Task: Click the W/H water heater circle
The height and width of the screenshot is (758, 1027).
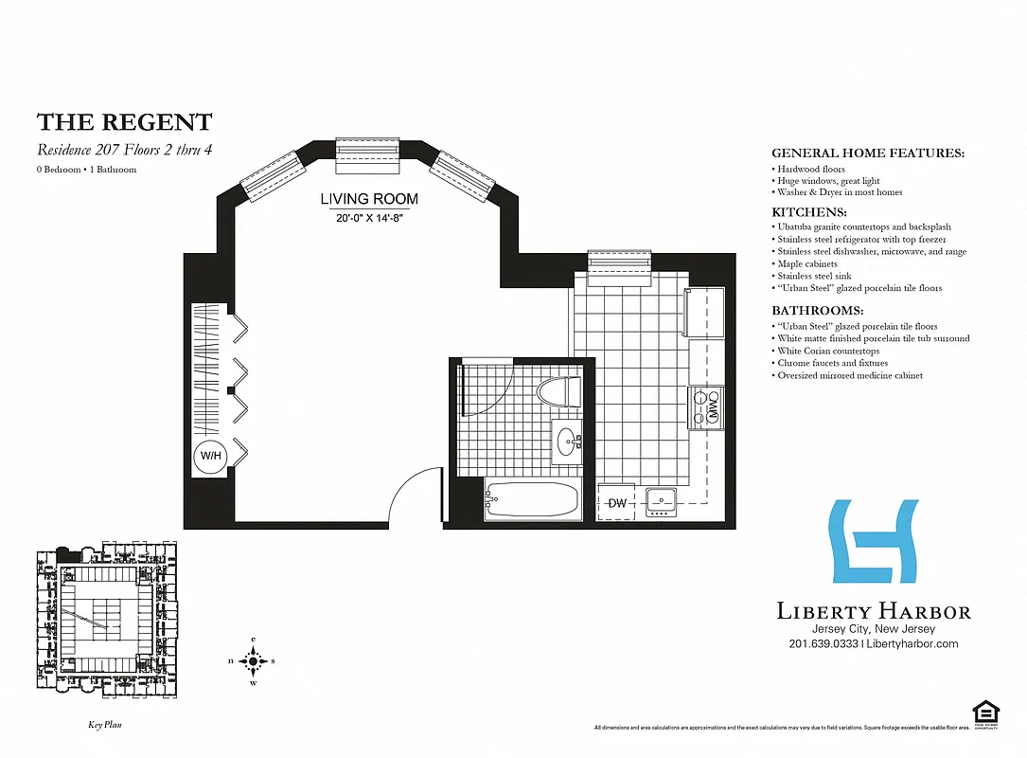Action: click(209, 456)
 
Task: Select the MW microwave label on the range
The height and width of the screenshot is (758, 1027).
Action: click(713, 407)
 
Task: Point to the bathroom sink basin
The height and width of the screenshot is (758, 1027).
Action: click(569, 441)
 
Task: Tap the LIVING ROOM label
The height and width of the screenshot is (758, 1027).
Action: click(368, 200)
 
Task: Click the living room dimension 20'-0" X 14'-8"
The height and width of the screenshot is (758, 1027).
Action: click(368, 217)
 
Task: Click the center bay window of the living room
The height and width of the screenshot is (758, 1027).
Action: click(369, 154)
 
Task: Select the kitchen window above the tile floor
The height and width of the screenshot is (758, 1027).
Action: click(620, 266)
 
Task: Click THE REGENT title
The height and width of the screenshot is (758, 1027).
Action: click(124, 122)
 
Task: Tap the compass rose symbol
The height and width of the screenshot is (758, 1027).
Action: click(253, 661)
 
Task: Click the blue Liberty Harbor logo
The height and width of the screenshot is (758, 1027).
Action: click(874, 541)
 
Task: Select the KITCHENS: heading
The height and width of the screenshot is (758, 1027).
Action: click(809, 213)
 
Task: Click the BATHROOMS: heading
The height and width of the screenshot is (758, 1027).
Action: click(818, 311)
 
